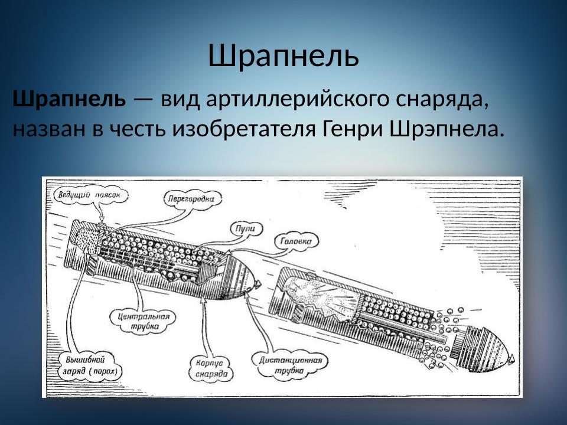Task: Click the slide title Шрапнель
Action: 283,56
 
